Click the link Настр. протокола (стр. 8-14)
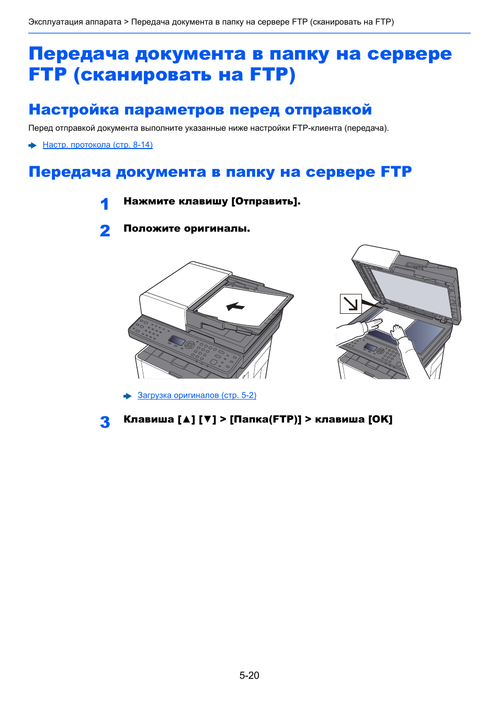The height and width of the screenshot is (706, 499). tap(97, 145)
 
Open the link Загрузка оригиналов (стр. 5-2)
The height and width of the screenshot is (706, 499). tap(197, 395)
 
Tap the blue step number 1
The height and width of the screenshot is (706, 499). tap(105, 204)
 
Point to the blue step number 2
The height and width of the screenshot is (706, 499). tap(105, 231)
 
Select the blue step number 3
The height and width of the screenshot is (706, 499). tap(105, 422)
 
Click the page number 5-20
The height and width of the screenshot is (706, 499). tap(249, 675)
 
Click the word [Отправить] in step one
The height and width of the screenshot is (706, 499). tap(266, 201)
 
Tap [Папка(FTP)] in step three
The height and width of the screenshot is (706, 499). tap(266, 419)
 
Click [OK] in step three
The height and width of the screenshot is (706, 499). tap(380, 419)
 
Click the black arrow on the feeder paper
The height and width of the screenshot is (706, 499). tap(235, 306)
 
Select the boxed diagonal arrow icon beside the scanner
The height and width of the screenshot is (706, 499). tap(350, 304)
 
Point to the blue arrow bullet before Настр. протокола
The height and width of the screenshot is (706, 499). tap(32, 145)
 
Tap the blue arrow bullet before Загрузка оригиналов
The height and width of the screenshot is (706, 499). tap(128, 396)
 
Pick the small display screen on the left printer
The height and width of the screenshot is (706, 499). tap(177, 341)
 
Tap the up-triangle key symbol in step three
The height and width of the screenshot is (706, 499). tap(186, 419)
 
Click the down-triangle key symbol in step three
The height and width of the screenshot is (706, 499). tap(207, 419)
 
